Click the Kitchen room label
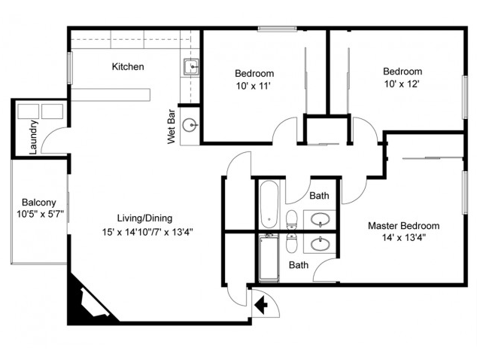point(128,67)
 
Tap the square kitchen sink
point(191,67)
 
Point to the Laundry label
point(33,137)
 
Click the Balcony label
point(37,203)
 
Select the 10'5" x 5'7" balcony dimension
point(42,214)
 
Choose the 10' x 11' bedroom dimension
point(254,87)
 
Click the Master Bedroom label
point(403,226)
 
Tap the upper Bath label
point(320,196)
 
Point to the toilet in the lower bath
point(292,244)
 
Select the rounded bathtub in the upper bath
point(269,204)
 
